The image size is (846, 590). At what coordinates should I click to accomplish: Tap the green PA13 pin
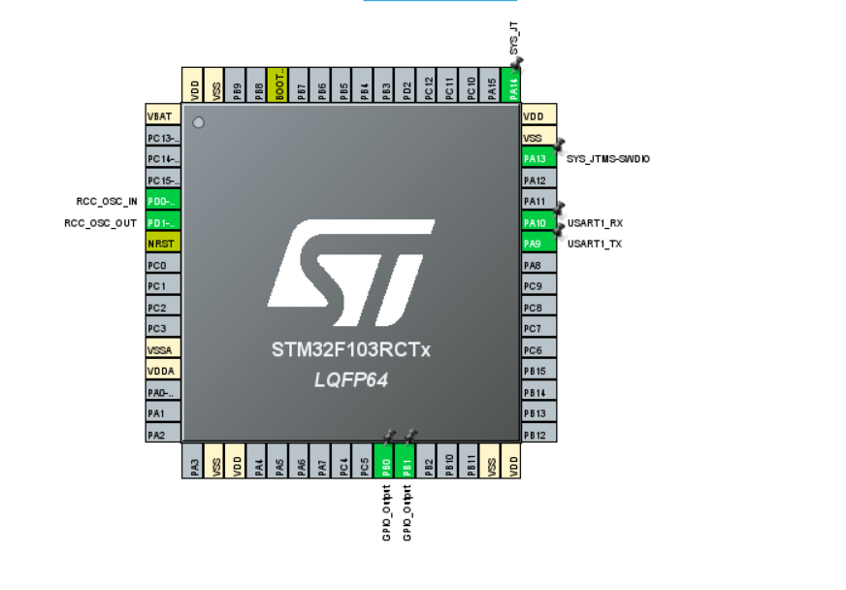[x=538, y=158]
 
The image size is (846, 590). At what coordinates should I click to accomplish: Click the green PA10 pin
[x=538, y=222]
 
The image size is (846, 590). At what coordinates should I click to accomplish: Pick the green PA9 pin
[x=538, y=244]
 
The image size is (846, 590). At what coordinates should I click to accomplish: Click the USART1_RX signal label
[x=595, y=223]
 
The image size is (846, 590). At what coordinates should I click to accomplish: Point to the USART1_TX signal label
[x=595, y=245]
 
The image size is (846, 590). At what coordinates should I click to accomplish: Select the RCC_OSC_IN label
[x=107, y=202]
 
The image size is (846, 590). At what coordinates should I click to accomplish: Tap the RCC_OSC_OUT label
[x=100, y=223]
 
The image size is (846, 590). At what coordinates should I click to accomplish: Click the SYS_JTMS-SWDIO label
[x=608, y=158]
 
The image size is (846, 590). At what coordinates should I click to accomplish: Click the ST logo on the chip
[x=350, y=275]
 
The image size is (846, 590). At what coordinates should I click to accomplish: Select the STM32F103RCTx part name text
[x=350, y=350]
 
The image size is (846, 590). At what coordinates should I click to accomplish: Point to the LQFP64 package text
[x=350, y=380]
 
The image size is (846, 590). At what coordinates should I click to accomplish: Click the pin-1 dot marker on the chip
[x=198, y=122]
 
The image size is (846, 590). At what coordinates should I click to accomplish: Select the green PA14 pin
[x=513, y=84]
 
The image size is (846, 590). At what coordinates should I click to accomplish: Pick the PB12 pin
[x=538, y=435]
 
